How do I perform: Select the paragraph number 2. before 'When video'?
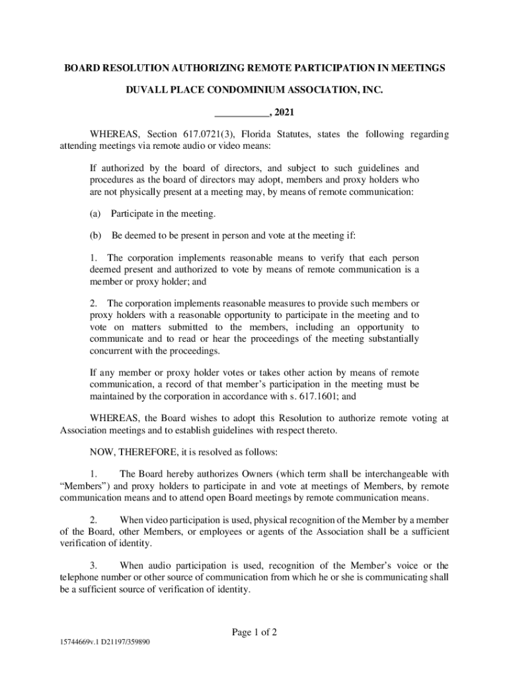pos(94,520)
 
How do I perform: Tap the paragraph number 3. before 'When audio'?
pos(94,565)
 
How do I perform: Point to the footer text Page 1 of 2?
pos(254,632)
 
